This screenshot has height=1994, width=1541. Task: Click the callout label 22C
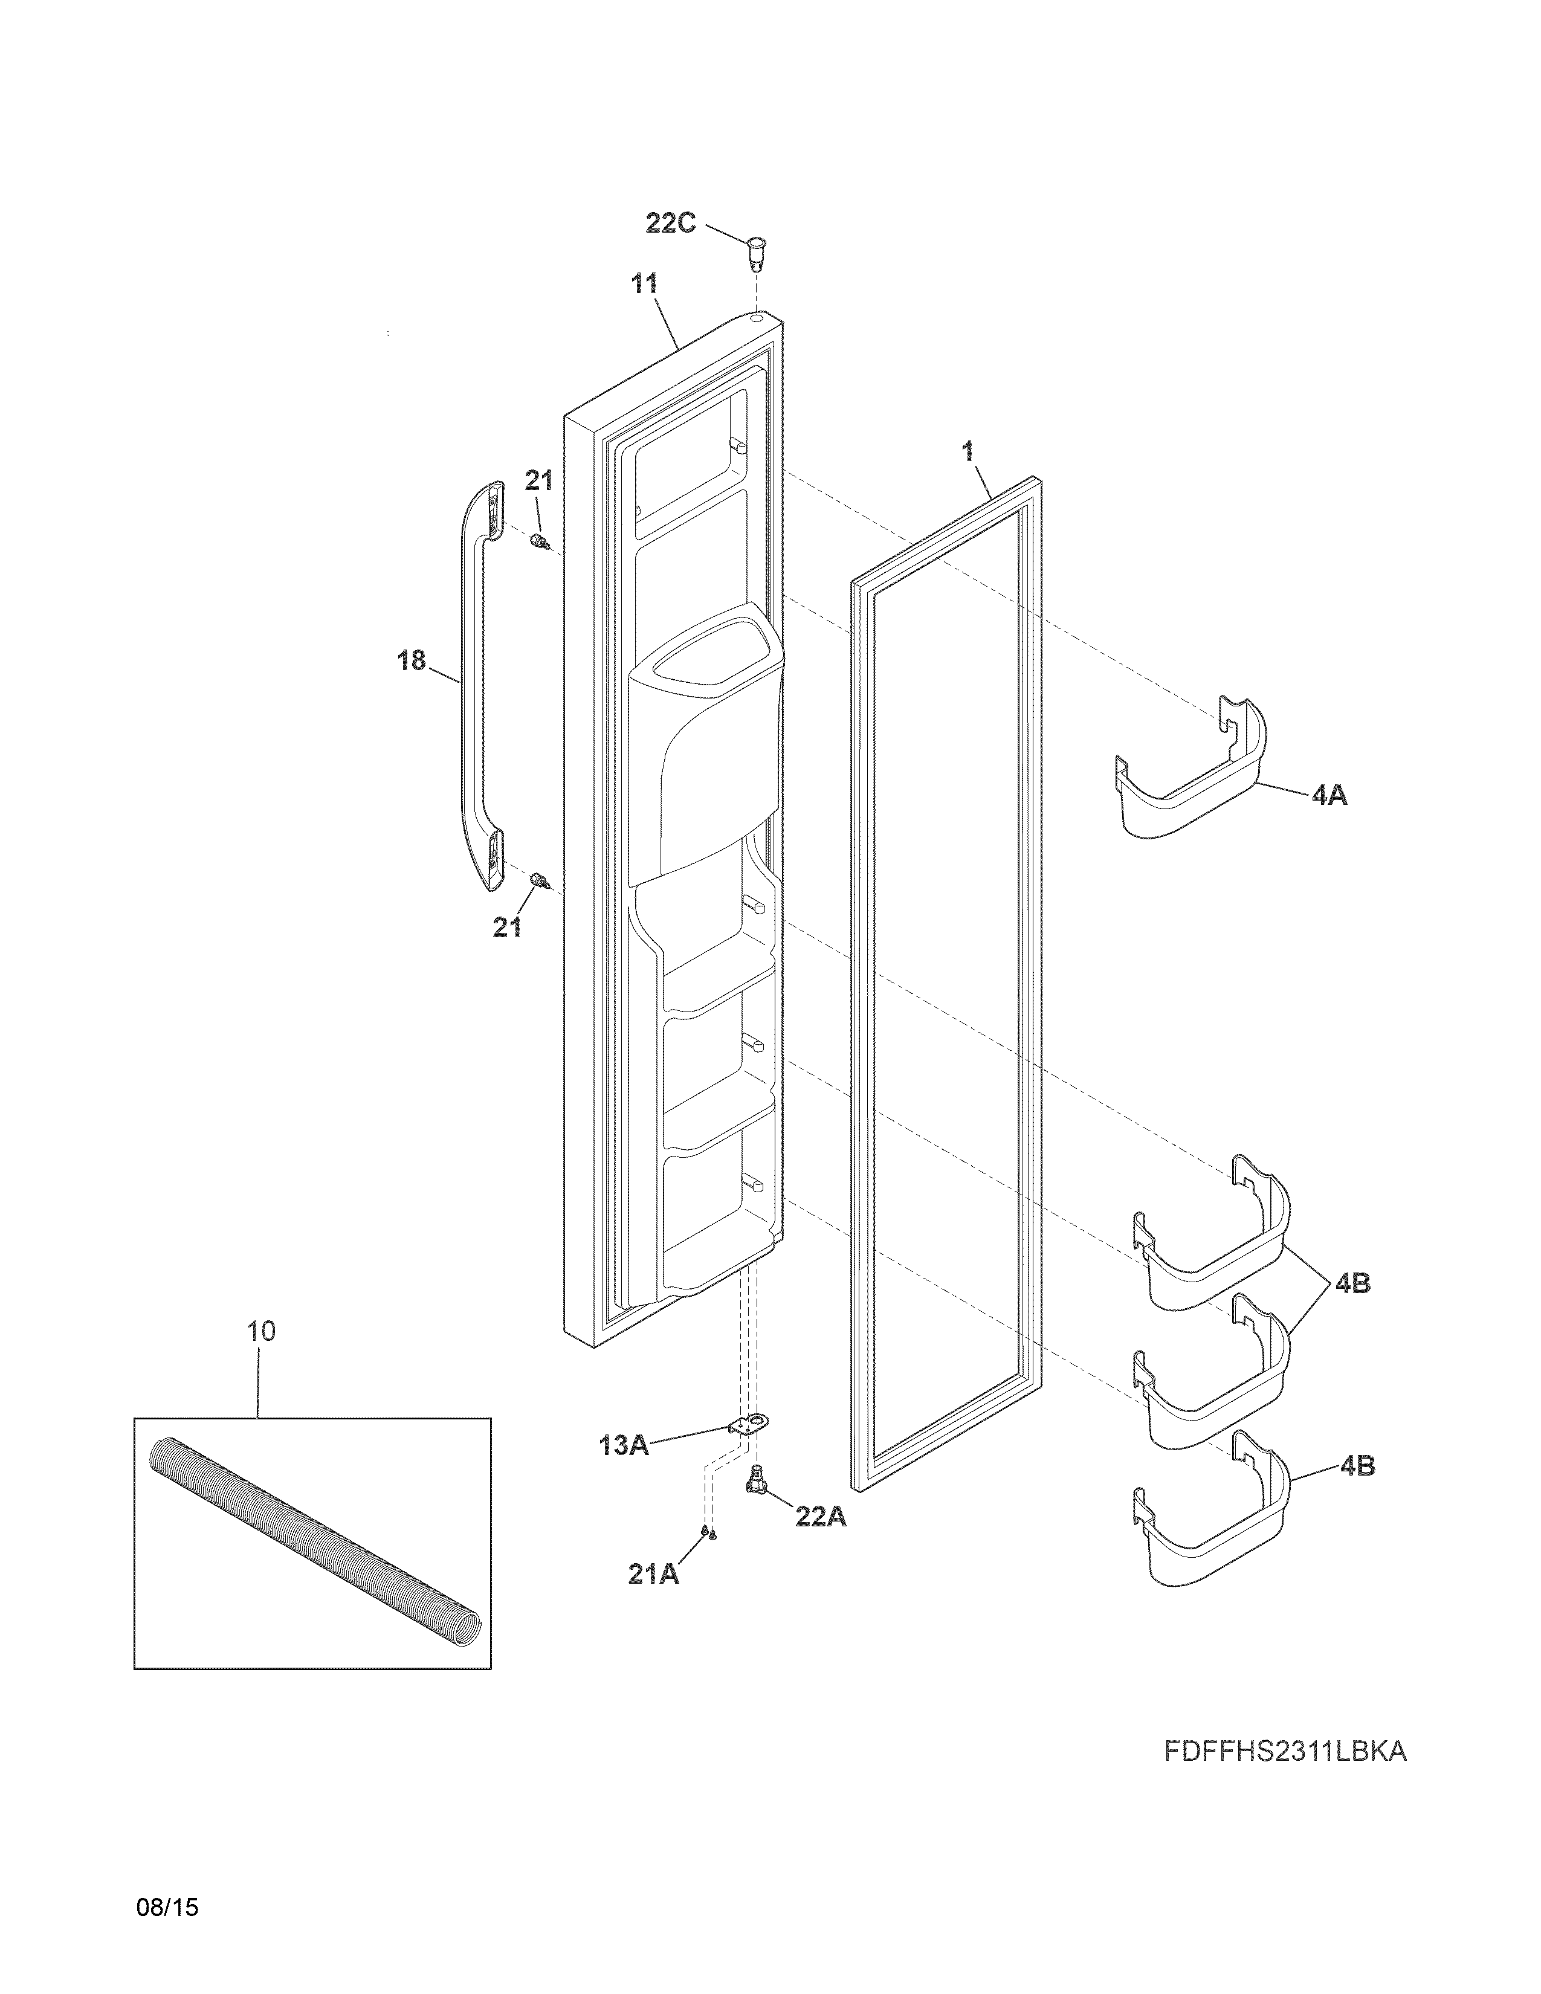(670, 223)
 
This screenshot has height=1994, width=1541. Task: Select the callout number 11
(645, 284)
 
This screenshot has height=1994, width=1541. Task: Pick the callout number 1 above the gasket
(968, 451)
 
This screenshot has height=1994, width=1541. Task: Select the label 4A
(1329, 795)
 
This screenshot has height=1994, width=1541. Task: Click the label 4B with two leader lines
(1352, 1283)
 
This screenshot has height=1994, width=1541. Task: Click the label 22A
(821, 1517)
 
